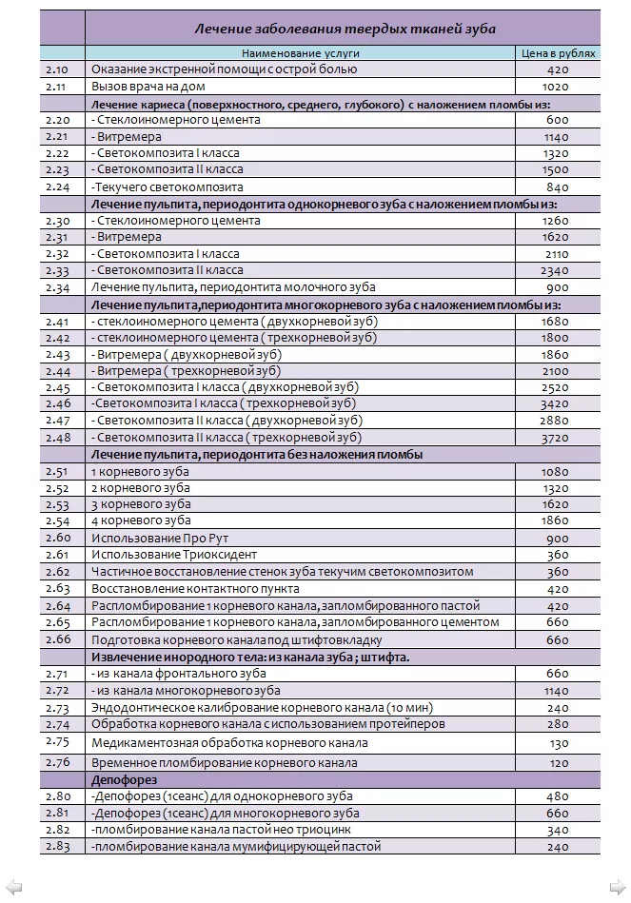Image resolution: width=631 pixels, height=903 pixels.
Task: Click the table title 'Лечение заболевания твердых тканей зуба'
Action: point(345,29)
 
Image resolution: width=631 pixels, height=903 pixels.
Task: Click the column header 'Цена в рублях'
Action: point(558,53)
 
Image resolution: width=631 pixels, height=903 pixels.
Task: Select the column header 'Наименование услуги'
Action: point(300,53)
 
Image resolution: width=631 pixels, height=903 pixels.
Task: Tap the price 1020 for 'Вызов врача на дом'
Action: point(558,86)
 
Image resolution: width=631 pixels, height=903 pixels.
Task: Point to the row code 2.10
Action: point(57,69)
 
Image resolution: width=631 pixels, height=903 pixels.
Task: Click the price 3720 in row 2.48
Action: point(558,438)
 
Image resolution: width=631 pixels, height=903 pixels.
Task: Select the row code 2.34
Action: point(57,287)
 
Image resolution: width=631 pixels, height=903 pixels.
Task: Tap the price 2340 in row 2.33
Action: point(558,270)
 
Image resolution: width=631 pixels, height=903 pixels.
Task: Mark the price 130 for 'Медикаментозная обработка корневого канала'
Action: point(558,743)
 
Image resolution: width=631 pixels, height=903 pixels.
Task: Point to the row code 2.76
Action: point(57,762)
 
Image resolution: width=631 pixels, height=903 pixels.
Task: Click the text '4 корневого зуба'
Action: point(140,520)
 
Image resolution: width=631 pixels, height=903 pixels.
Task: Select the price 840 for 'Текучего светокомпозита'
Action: point(558,187)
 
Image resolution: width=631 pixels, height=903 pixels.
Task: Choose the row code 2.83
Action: point(57,846)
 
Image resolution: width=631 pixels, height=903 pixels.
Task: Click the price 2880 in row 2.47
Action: point(558,421)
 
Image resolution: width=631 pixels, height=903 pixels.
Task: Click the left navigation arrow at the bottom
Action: point(10,888)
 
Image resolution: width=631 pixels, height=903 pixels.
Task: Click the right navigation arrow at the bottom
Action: point(620,888)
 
